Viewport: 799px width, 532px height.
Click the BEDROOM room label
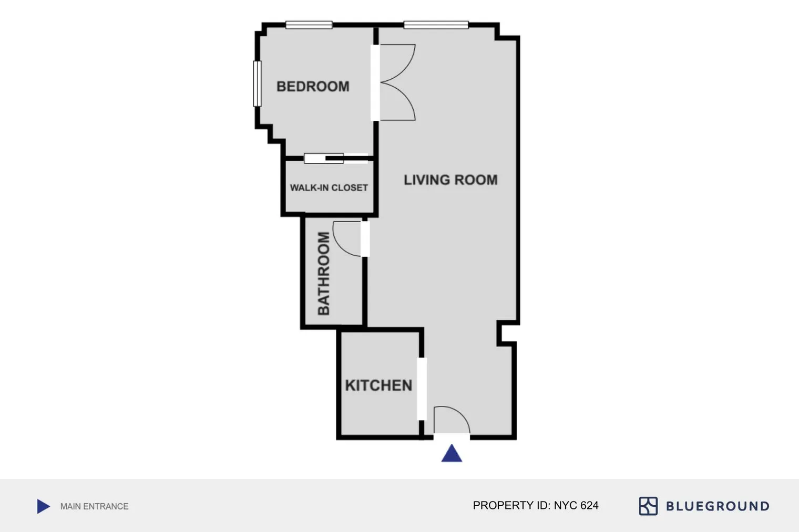pos(313,86)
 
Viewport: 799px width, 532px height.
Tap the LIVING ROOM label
pos(450,180)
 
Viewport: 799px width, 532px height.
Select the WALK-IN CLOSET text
pos(329,187)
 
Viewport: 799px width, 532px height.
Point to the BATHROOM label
pos(324,273)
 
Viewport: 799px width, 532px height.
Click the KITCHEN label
pos(378,385)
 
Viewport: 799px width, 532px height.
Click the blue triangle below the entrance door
pos(452,454)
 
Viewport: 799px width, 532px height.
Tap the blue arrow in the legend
pos(44,506)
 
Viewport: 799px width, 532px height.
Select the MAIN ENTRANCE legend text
pos(94,506)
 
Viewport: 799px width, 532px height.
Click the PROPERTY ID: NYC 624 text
pos(535,505)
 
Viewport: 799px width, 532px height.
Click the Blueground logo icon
pos(648,506)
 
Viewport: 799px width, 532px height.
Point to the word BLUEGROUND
pos(718,506)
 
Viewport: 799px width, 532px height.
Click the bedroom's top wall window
pos(309,25)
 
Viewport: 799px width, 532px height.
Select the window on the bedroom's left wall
pos(257,84)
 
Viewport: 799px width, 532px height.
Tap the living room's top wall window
pos(436,25)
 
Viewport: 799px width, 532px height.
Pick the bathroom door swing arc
pos(347,239)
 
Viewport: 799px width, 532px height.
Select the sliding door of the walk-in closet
pos(335,158)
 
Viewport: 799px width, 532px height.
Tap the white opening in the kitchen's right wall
pos(422,389)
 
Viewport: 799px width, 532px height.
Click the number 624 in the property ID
pos(589,505)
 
